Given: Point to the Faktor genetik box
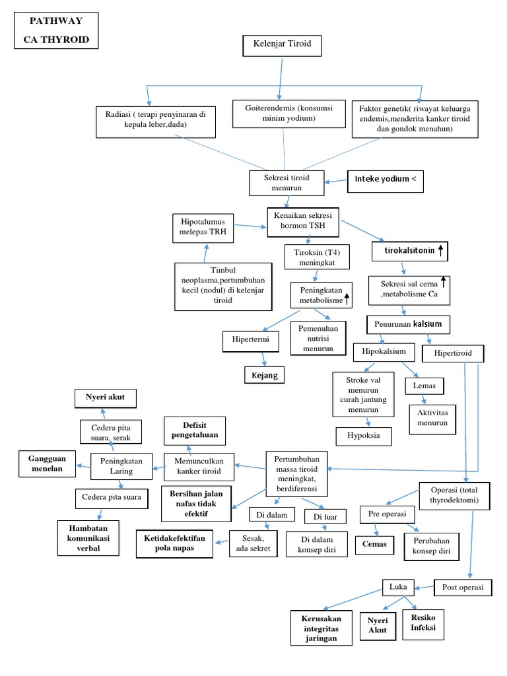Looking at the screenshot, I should [x=415, y=118].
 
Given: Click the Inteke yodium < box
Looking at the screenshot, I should [x=386, y=180].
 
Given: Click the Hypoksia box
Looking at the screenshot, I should [x=363, y=436].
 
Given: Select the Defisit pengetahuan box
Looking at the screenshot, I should [x=195, y=431].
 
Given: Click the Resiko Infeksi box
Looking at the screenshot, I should [x=423, y=622].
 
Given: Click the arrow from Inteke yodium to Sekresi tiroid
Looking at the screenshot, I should [x=337, y=180].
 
